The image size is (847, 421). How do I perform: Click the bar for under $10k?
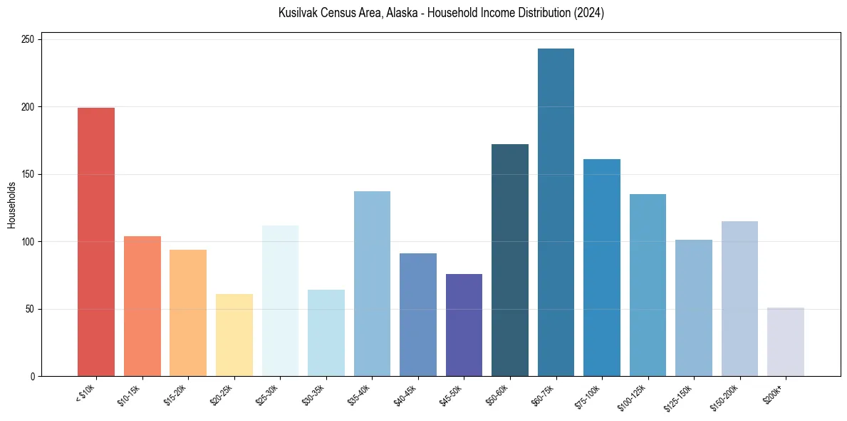[x=96, y=242]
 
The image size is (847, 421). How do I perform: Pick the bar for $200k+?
[x=786, y=342]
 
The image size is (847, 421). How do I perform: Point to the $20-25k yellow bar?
[x=234, y=335]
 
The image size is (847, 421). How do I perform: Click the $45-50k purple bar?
[x=464, y=325]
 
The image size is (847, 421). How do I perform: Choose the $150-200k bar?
[x=739, y=299]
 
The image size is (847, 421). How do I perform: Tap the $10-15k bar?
[x=142, y=306]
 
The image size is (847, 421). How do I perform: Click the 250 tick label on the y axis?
[x=28, y=40]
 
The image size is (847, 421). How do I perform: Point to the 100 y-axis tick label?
[x=28, y=242]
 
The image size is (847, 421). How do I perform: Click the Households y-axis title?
[x=11, y=205]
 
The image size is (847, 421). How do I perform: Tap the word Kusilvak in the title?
[x=298, y=13]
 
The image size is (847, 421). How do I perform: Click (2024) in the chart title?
[x=589, y=13]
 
